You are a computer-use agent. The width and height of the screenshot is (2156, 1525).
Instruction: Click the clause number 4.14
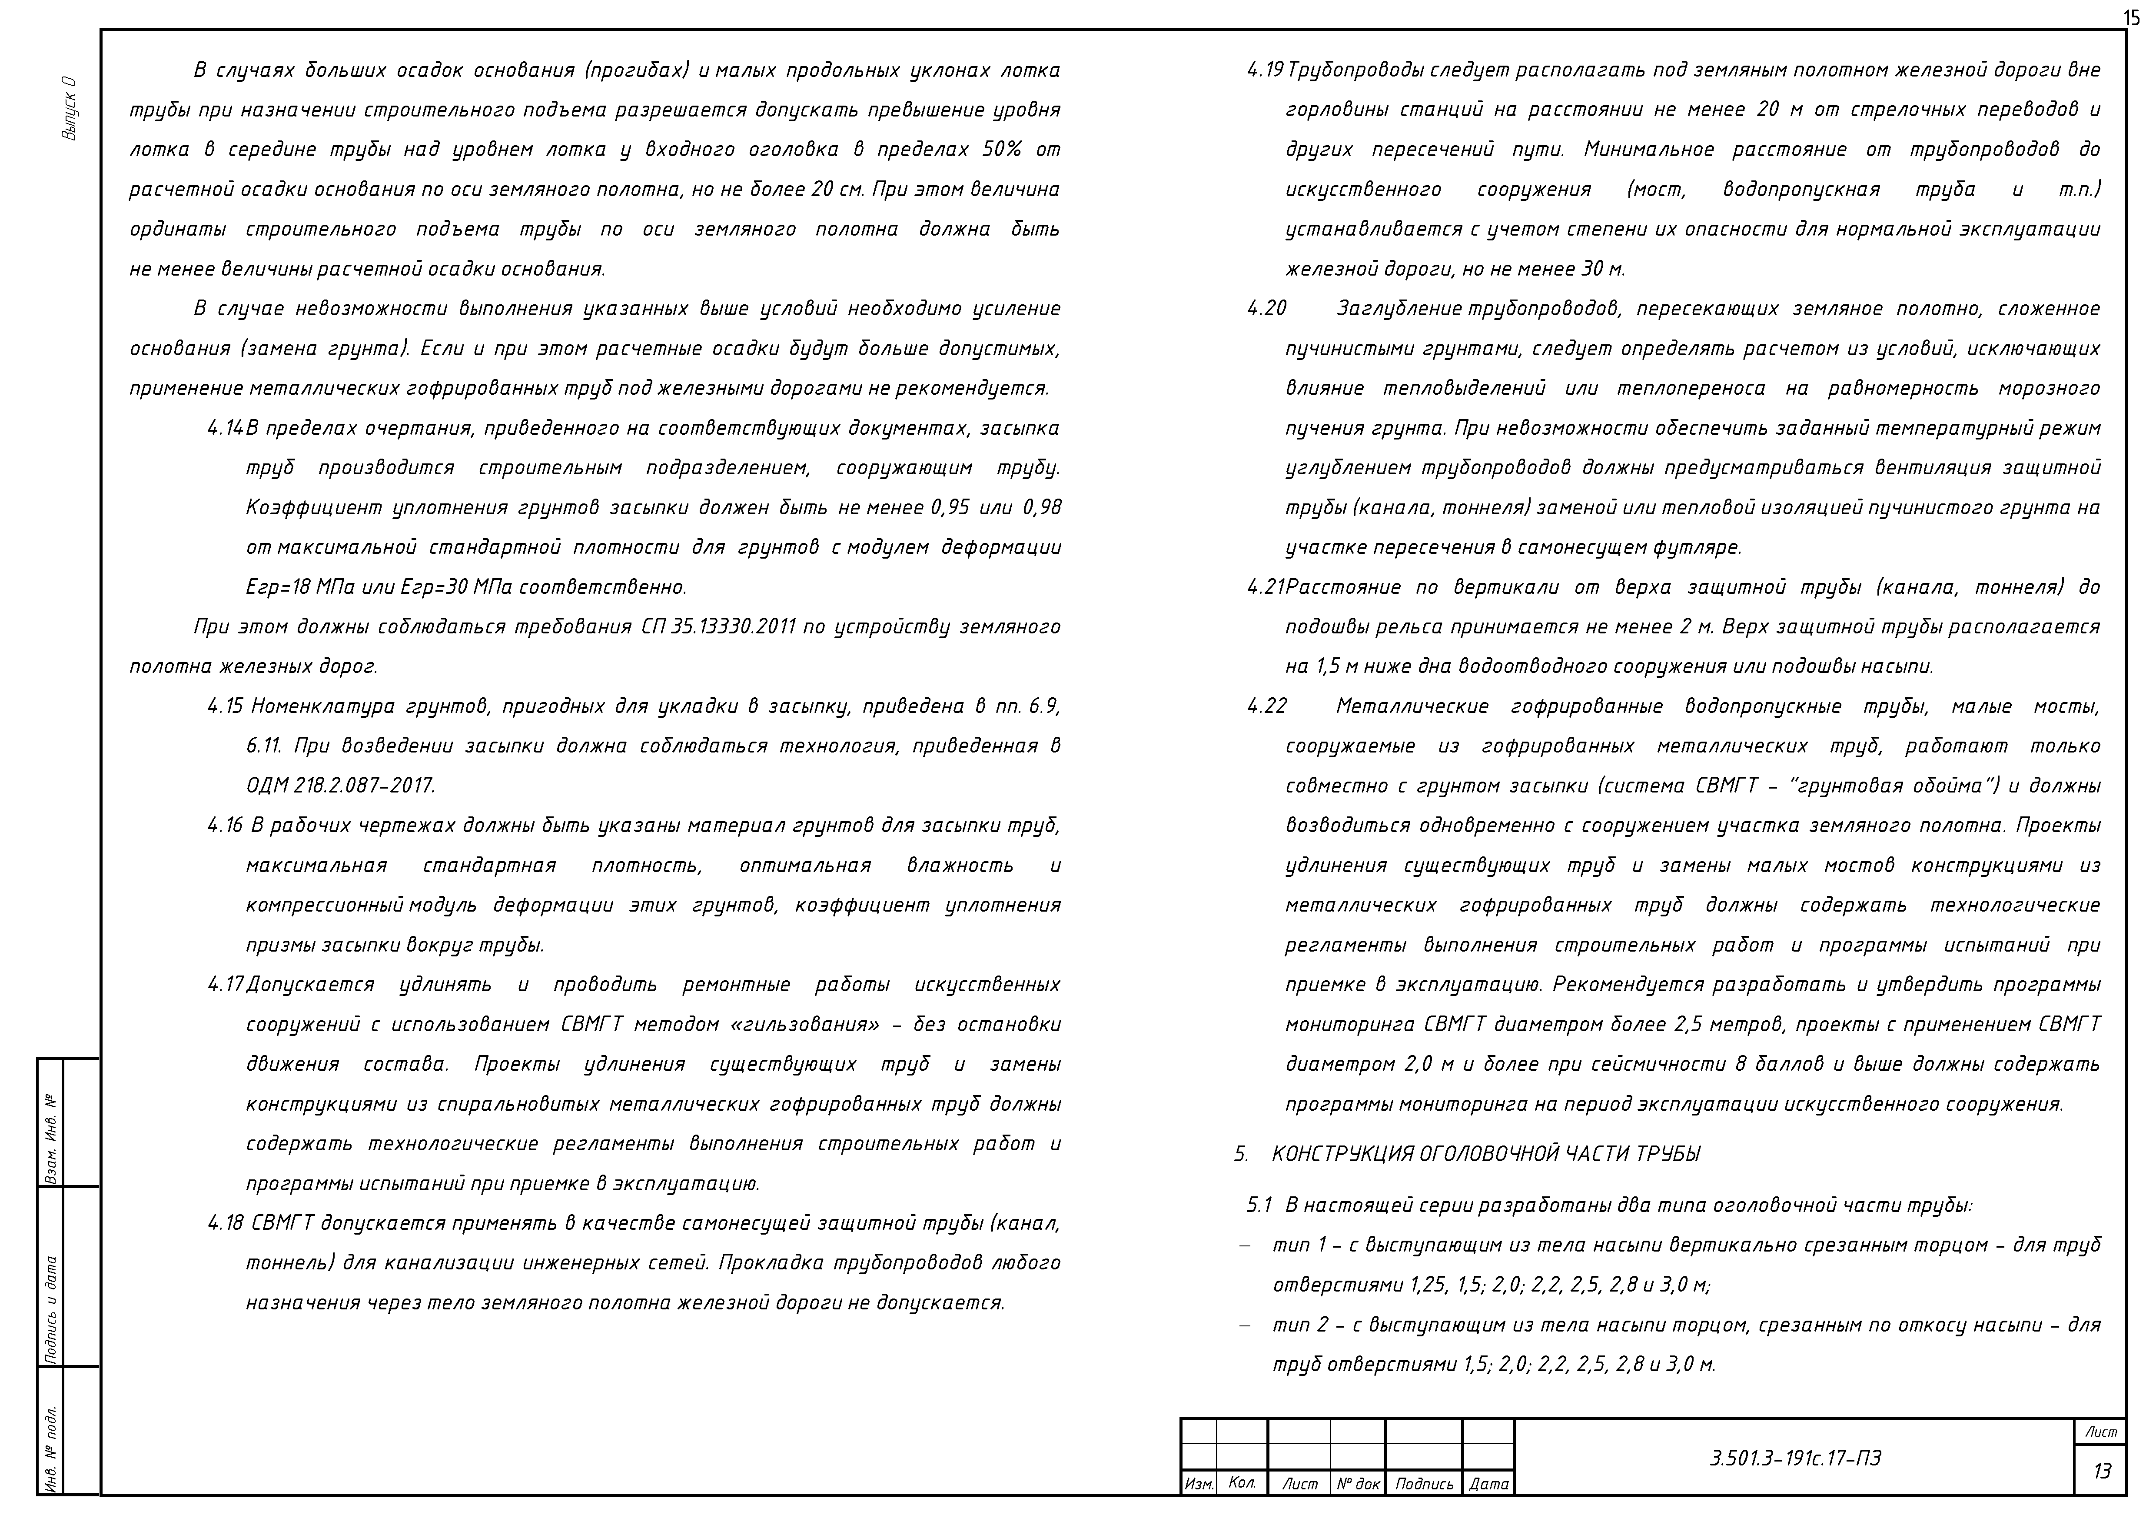click(226, 428)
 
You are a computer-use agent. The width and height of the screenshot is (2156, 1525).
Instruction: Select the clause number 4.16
click(226, 826)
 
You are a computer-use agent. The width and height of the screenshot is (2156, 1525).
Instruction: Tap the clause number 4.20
click(1267, 309)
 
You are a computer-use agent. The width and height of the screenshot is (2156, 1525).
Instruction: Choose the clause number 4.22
click(1267, 706)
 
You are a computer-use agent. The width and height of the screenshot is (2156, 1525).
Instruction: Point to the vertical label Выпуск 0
click(70, 108)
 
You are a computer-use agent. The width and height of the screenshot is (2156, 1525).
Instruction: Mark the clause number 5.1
click(1259, 1205)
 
